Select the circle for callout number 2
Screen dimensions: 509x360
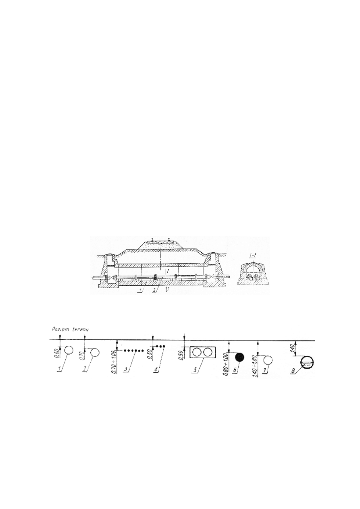click(96, 353)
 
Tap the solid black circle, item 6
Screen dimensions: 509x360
click(240, 357)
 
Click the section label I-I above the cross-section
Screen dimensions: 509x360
click(254, 256)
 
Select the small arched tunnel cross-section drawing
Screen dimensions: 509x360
click(254, 274)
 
